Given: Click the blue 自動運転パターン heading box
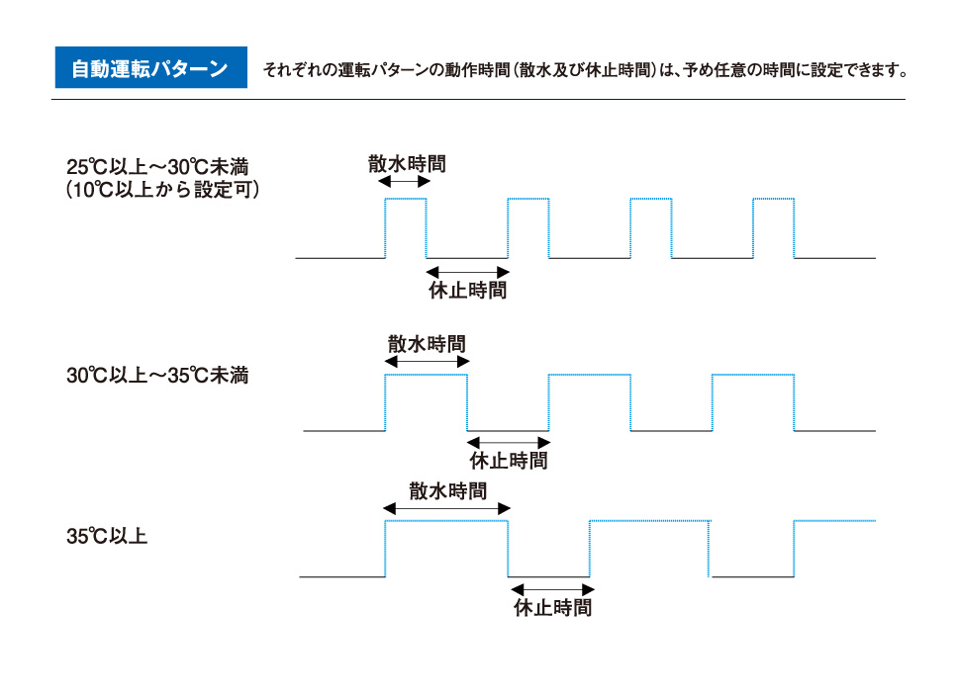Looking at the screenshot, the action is [150, 67].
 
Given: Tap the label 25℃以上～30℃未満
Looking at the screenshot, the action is [157, 167].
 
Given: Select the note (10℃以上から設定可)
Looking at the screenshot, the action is [162, 190].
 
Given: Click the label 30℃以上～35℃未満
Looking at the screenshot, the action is [157, 376].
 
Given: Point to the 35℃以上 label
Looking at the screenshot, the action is [107, 536].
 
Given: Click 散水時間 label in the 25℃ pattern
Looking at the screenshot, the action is [407, 163].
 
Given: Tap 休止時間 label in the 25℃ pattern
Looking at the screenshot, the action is [467, 290].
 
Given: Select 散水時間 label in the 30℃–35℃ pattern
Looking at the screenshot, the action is [427, 344].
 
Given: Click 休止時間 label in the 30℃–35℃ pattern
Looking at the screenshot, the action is [509, 461].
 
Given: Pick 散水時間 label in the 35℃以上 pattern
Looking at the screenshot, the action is [447, 490].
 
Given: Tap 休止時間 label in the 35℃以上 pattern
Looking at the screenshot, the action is [552, 607].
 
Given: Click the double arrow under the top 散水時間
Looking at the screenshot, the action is [404, 182].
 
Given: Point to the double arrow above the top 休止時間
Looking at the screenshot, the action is [467, 273].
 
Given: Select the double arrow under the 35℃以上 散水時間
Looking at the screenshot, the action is [446, 508].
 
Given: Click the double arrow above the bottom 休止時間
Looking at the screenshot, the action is [552, 590].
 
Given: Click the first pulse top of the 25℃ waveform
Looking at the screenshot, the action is [405, 199].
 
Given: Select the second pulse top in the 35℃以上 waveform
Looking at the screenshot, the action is [650, 521].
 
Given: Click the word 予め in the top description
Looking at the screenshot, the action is [698, 70].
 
